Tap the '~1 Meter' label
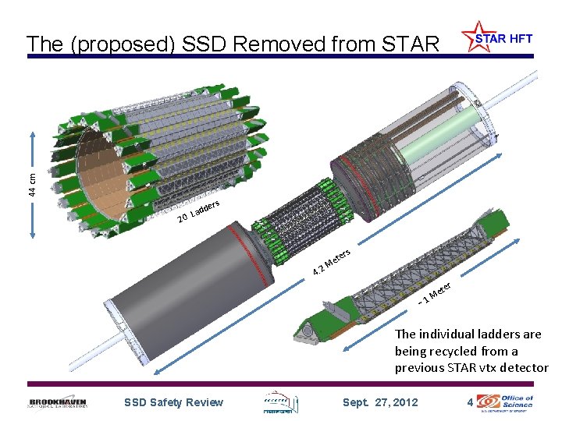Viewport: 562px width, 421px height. pyautogui.click(x=436, y=293)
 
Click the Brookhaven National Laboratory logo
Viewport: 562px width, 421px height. pyautogui.click(x=58, y=402)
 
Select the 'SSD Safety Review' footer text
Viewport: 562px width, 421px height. pyautogui.click(x=173, y=402)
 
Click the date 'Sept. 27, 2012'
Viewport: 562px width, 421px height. pyautogui.click(x=380, y=402)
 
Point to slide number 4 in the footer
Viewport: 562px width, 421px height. pyautogui.click(x=468, y=402)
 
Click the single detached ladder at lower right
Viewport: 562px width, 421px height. pyautogui.click(x=406, y=281)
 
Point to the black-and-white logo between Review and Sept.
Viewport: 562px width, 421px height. pyautogui.click(x=279, y=402)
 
